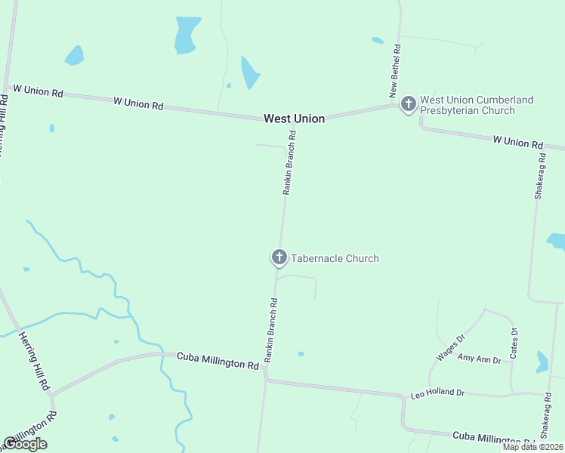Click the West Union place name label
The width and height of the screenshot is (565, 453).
click(294, 119)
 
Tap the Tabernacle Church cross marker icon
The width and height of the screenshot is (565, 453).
click(279, 257)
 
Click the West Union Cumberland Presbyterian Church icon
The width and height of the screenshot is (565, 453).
click(409, 103)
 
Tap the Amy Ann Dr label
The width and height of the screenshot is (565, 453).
click(479, 360)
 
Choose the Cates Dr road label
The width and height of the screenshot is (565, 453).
click(514, 342)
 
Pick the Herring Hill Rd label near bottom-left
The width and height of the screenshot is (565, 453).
click(35, 362)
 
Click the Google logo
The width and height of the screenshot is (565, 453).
click(25, 444)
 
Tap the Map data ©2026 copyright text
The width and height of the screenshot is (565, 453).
click(533, 447)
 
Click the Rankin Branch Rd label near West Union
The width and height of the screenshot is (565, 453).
click(289, 163)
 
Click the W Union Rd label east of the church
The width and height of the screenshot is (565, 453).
click(517, 141)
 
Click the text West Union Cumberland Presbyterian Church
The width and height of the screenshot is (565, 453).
click(476, 105)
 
